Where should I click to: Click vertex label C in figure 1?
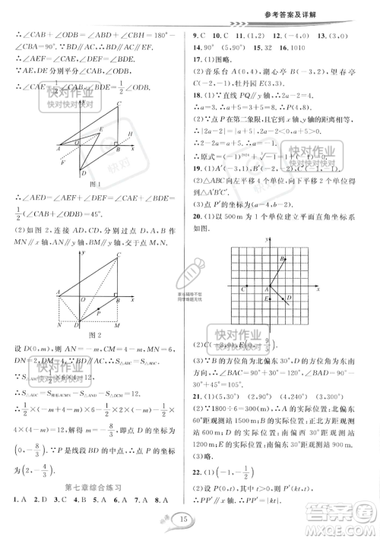tap(120, 104)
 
